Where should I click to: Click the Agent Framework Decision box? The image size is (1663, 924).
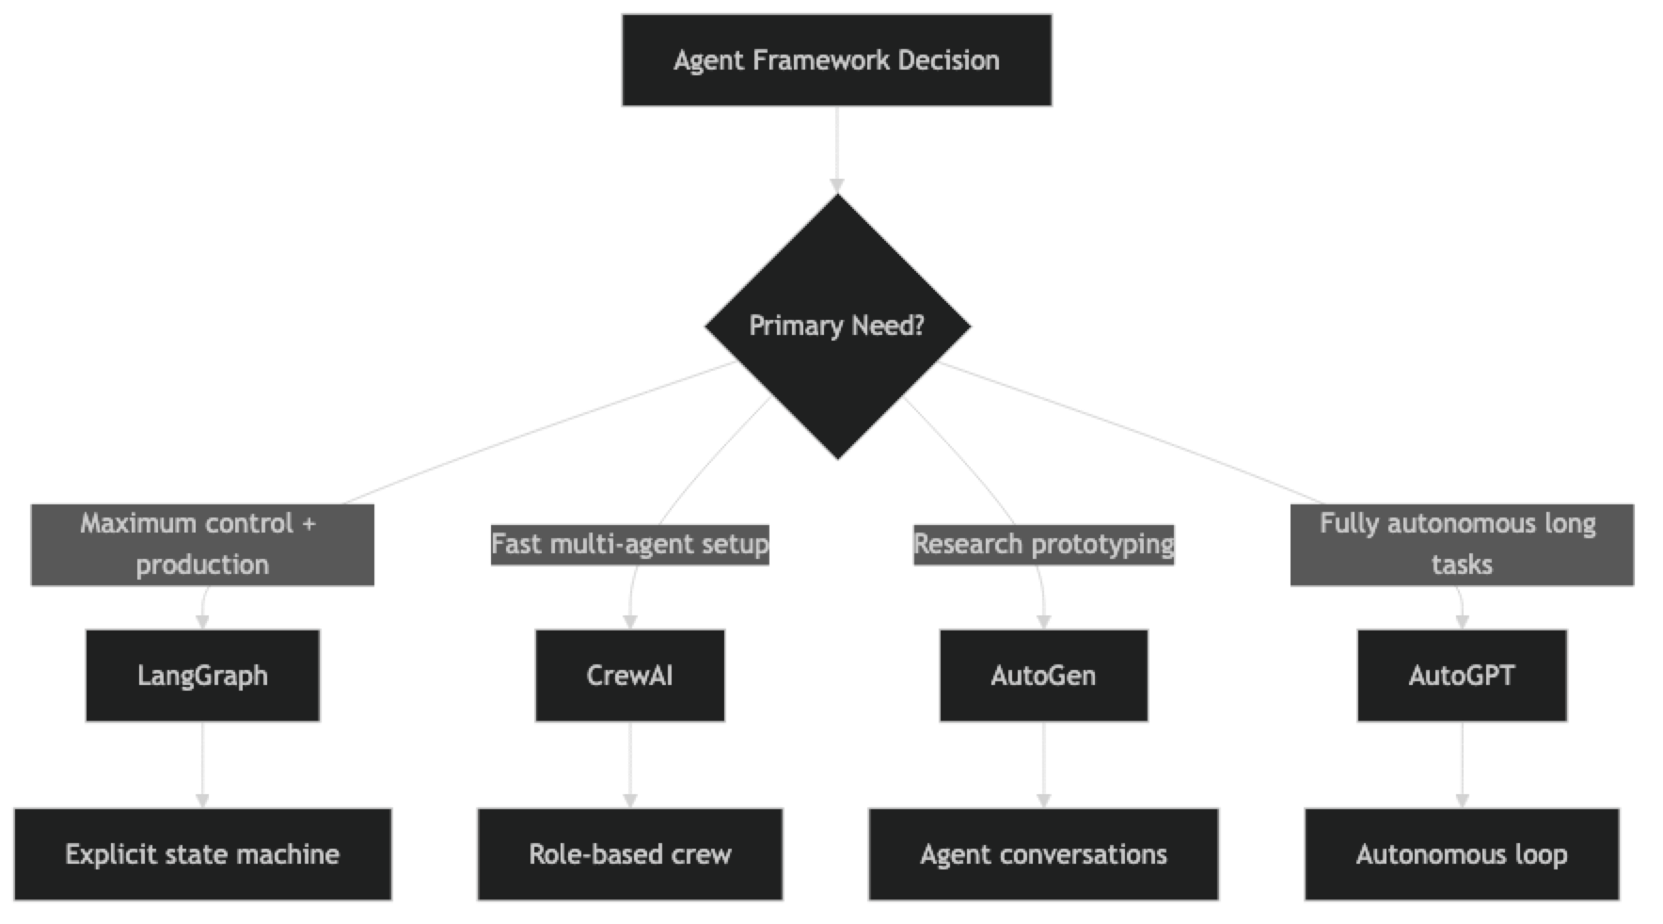836,60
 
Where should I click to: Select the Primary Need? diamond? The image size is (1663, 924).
837,326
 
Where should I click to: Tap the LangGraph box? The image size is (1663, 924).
202,676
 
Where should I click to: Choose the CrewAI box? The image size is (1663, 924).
629,676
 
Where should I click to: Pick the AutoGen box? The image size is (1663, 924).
1043,676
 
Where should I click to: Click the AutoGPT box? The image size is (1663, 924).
1462,676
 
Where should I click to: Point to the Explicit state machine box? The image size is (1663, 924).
202,854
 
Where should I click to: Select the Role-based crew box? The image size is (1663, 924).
629,854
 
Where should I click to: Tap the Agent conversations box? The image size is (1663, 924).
1043,854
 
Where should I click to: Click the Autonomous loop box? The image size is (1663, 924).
1462,854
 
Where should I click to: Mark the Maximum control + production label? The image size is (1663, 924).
202,544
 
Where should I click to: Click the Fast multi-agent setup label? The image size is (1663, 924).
629,544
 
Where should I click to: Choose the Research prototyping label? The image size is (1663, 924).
1043,544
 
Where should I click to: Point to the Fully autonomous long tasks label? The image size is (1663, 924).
1462,544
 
